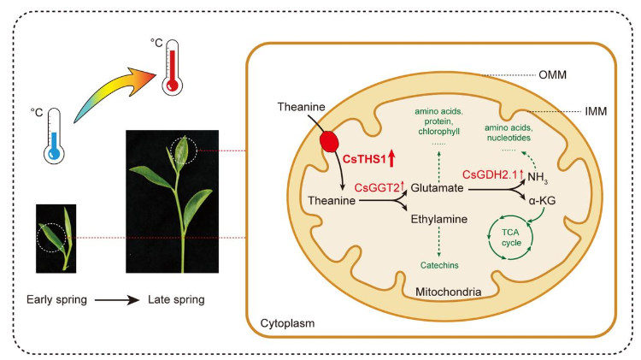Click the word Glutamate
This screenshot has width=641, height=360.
[x=437, y=187]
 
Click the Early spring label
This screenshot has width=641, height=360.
[x=59, y=300]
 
